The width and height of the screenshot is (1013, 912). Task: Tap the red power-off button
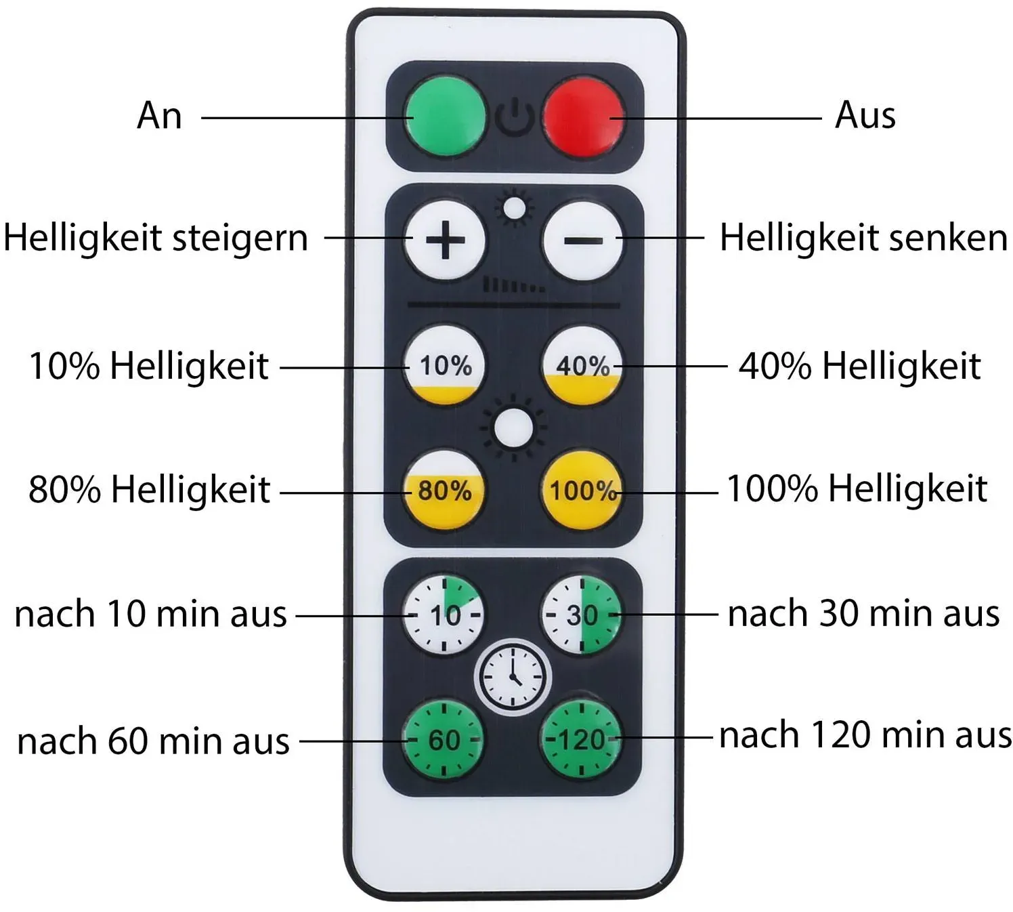tap(583, 117)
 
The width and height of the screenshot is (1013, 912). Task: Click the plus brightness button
tap(444, 240)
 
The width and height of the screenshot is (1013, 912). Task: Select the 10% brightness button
tap(444, 365)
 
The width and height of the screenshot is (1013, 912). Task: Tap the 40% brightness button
tap(582, 366)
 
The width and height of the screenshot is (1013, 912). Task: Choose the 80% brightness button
tap(444, 489)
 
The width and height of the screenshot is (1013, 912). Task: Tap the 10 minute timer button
tap(444, 615)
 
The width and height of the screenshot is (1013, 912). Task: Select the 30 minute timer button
tap(582, 615)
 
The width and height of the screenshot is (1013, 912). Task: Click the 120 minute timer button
tap(581, 739)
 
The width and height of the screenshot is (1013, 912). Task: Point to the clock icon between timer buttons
tap(513, 677)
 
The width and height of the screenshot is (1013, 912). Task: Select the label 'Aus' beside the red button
tap(865, 115)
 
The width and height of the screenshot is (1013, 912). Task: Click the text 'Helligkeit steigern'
tap(156, 239)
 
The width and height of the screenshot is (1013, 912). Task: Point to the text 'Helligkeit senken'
tap(863, 238)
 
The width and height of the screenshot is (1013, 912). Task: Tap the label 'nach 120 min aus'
tap(865, 735)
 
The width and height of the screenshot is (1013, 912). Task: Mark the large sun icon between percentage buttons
tap(513, 428)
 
